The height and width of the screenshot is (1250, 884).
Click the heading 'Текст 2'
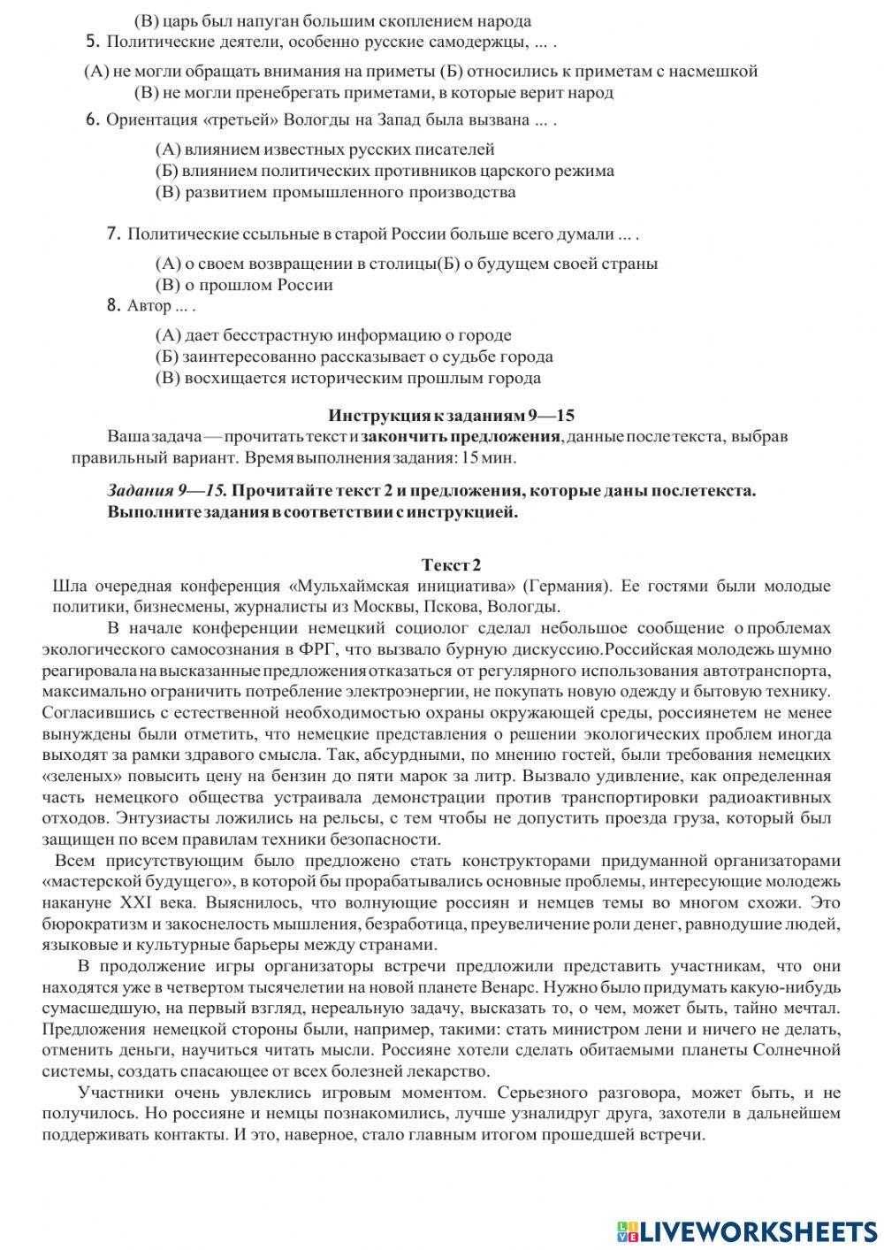451,564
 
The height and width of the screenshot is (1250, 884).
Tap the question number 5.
92,41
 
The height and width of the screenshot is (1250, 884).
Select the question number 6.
92,120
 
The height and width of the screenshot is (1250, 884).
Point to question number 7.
112,234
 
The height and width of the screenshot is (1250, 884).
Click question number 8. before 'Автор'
112,305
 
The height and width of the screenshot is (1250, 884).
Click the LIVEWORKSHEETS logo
747,1230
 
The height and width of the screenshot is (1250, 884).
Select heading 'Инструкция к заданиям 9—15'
451,415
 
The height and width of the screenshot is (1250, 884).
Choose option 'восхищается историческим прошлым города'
347,378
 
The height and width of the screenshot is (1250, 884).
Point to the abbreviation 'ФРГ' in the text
347,649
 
